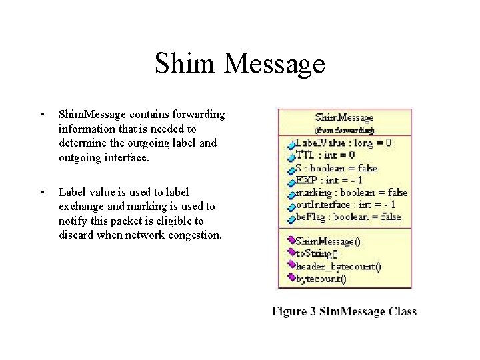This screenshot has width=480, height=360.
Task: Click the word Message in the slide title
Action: click(x=274, y=63)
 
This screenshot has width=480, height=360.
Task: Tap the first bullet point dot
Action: click(x=42, y=115)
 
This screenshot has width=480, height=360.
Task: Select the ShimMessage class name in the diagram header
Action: click(x=344, y=118)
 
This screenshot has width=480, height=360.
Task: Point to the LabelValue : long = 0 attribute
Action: click(x=343, y=143)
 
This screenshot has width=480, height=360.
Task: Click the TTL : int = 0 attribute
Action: click(x=325, y=155)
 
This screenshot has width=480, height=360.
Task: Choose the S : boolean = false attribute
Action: click(x=336, y=168)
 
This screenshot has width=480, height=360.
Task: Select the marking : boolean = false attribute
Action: click(x=351, y=193)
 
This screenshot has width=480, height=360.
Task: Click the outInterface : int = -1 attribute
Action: click(x=345, y=205)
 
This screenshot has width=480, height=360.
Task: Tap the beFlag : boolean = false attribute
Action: click(x=348, y=217)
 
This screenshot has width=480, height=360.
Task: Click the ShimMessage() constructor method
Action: click(x=327, y=241)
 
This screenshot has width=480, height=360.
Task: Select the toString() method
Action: click(x=317, y=253)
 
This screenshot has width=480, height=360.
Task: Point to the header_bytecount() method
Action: click(x=338, y=267)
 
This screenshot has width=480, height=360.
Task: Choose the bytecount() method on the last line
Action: click(x=321, y=279)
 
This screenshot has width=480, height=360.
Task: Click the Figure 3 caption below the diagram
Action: click(x=344, y=311)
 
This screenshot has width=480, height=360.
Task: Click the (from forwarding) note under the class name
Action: click(x=344, y=130)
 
